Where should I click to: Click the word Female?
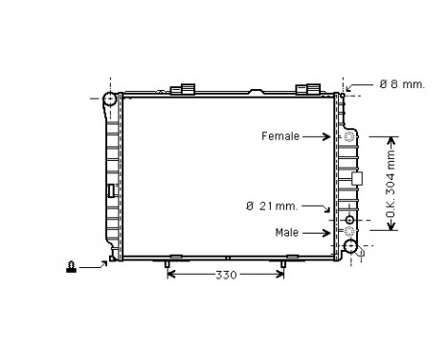pos(281,137)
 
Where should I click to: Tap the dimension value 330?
pos(225,275)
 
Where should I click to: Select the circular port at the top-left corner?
pos(110,99)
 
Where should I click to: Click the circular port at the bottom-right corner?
pos(352,247)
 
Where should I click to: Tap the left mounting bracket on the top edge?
pos(181,90)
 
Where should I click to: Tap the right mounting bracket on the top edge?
pos(307,90)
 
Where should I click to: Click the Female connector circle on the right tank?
pos(348,137)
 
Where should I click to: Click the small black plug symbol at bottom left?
pos(72,268)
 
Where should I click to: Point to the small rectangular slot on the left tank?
pos(112,190)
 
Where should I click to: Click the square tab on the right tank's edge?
pos(358,178)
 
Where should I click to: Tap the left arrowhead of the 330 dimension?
pos(171,275)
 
